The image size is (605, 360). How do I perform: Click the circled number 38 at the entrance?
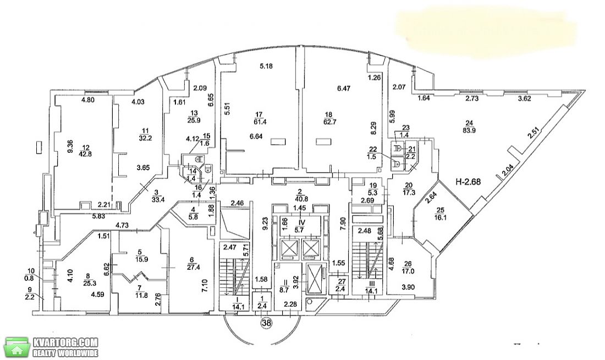(x=266, y=322)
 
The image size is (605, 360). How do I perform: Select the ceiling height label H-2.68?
(x=468, y=181)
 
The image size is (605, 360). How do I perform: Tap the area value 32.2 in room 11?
(x=145, y=137)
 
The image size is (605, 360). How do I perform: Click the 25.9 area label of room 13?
(x=194, y=120)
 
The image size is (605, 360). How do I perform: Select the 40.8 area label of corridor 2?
(x=300, y=200)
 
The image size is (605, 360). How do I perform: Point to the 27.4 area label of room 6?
(x=192, y=267)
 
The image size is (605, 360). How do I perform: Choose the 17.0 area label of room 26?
(x=408, y=271)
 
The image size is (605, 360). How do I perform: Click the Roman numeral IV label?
(x=302, y=223)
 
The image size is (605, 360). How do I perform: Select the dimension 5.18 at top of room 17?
(x=266, y=66)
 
